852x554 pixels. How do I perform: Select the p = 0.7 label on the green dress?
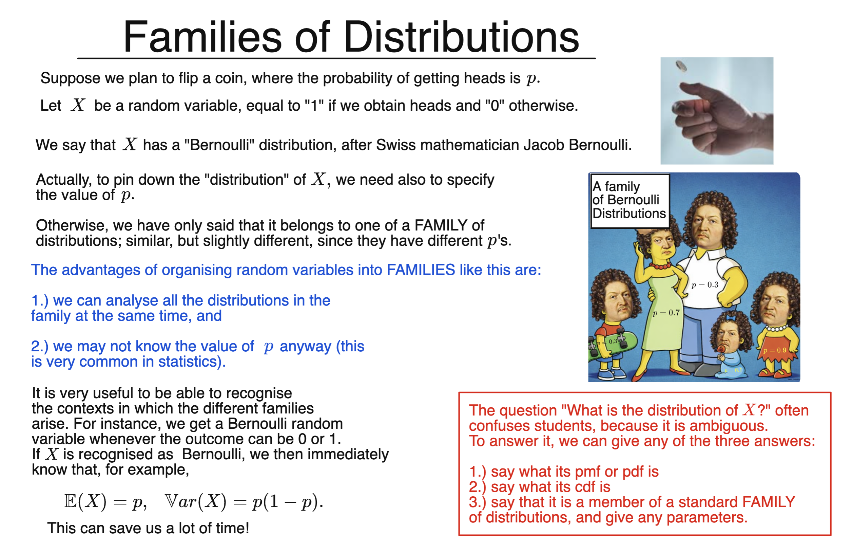(666, 313)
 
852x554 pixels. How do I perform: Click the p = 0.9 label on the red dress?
(774, 350)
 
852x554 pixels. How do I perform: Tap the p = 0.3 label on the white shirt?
(705, 285)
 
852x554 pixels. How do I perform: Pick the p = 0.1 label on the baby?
(733, 370)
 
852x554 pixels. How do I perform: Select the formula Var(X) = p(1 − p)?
(244, 501)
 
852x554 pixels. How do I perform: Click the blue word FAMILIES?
(421, 270)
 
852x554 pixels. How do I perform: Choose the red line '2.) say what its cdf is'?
(540, 487)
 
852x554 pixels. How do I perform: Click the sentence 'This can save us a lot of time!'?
(148, 528)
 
